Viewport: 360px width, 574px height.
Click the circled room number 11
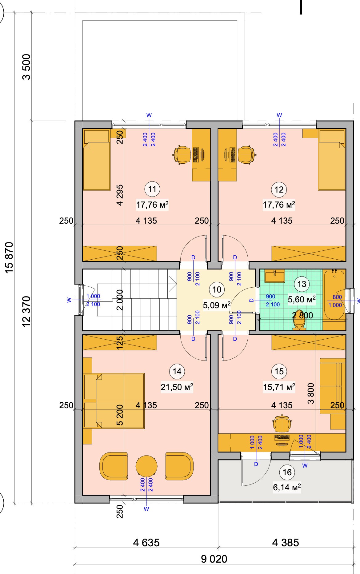152,189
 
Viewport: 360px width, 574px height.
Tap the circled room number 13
302,284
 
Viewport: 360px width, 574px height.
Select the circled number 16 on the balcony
287,472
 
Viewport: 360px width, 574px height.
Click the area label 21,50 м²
177,387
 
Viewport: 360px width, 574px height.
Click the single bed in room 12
332,160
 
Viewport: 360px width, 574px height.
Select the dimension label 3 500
27,67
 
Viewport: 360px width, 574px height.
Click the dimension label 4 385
286,542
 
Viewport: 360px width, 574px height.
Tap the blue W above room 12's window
279,115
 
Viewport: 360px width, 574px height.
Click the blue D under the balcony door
256,464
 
